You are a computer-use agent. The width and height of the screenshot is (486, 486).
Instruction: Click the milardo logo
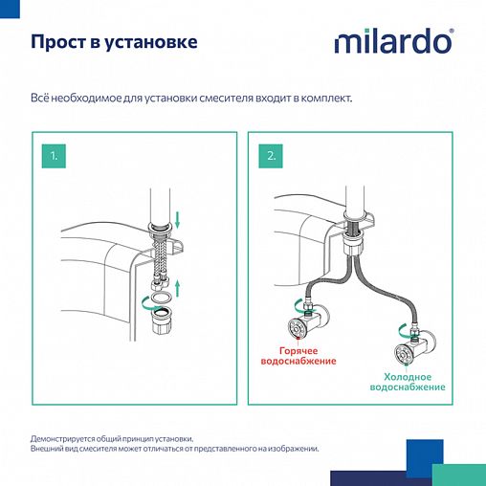pos(393,42)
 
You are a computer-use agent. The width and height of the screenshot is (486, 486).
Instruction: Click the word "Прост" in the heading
pos(56,43)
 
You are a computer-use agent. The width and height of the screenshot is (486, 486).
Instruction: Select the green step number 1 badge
pos(55,154)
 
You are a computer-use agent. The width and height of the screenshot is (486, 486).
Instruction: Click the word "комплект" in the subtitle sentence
pos(323,99)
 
